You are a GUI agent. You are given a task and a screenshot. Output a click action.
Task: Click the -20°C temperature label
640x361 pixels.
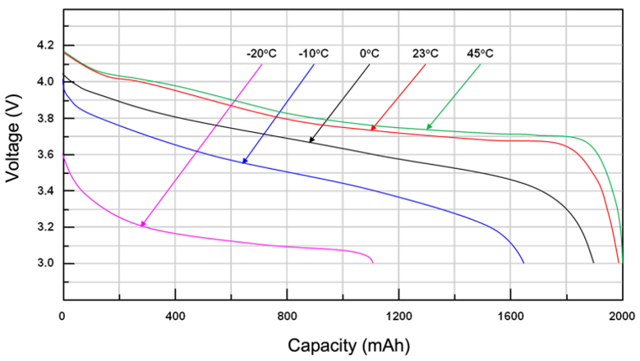tap(261, 54)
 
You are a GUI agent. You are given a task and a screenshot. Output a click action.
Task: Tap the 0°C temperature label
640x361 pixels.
tap(370, 54)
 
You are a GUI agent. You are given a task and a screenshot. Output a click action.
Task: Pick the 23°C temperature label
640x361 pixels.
tap(425, 54)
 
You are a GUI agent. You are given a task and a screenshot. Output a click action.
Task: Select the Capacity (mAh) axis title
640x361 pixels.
tap(343, 344)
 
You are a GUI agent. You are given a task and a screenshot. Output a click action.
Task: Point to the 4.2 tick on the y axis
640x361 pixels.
tap(43, 45)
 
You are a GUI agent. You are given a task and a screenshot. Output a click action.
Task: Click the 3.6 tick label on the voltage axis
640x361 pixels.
tap(43, 154)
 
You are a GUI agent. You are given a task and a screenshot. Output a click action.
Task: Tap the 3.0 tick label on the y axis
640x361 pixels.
tap(43, 263)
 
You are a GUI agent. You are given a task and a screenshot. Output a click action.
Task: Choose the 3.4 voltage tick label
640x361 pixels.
tap(43, 191)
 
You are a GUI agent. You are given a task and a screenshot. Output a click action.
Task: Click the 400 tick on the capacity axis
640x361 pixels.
tap(175, 316)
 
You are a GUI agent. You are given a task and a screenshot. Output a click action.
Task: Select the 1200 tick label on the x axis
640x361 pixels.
tap(398, 316)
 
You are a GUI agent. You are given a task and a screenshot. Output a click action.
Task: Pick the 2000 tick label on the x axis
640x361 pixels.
tap(622, 316)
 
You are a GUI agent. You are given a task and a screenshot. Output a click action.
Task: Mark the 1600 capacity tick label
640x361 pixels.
tap(510, 316)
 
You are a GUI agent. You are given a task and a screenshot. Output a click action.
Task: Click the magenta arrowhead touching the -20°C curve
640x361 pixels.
tap(142, 224)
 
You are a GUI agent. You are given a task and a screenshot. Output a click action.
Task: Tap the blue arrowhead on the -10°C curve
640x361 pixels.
tap(244, 162)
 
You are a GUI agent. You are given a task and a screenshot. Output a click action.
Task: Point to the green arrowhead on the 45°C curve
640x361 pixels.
tap(428, 128)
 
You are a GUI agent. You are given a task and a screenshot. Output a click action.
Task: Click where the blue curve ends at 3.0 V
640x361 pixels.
tap(523, 263)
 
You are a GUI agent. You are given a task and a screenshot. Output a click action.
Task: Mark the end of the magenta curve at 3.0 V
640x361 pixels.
tap(373, 263)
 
